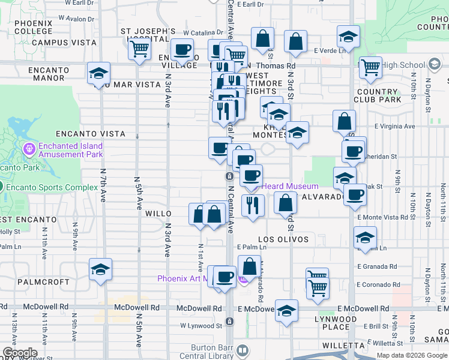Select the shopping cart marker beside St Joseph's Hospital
tap(140, 49)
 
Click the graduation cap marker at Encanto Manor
tap(98, 74)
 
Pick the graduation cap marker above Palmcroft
tap(100, 269)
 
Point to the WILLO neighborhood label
tap(158, 214)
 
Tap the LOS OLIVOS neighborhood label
tap(283, 239)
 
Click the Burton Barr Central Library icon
tap(243, 350)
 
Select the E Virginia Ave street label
tap(394, 127)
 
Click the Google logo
tap(20, 353)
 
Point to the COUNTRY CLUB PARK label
tap(377, 95)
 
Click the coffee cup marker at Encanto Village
tap(182, 50)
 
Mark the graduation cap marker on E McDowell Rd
tap(288, 311)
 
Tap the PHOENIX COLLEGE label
tap(34, 27)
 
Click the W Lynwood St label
tap(201, 326)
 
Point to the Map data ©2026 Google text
tap(412, 355)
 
